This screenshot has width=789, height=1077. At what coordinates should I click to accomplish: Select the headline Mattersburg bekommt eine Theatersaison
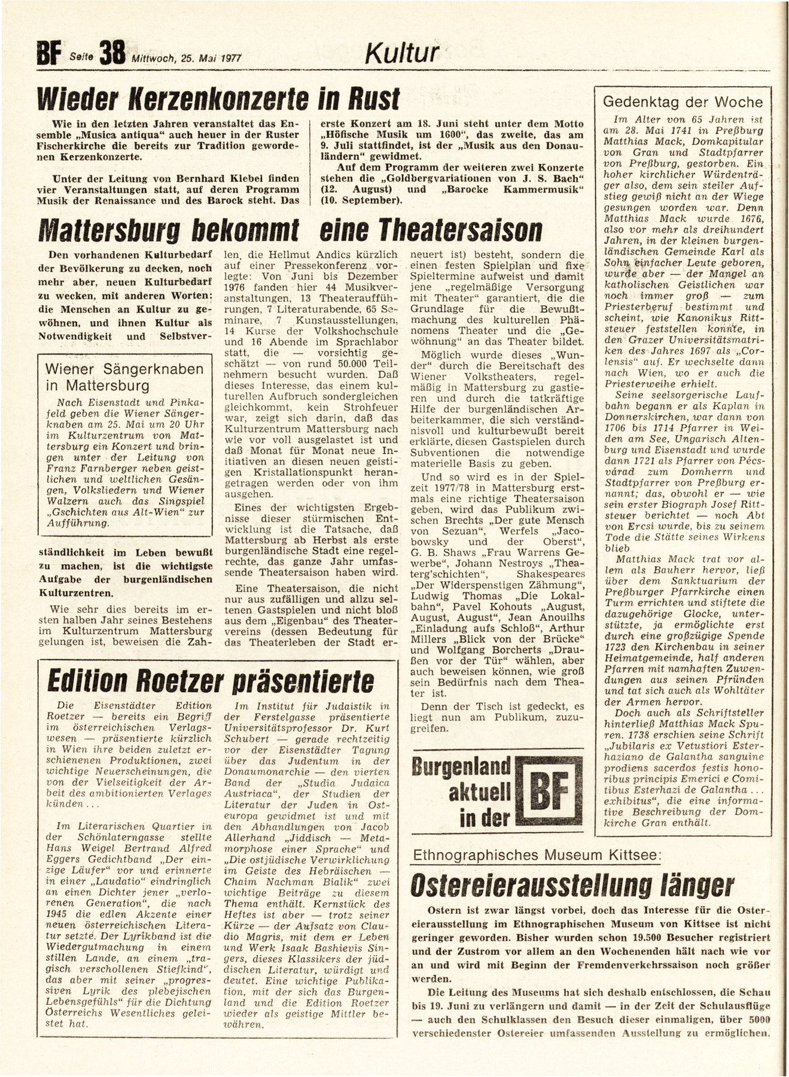click(x=290, y=230)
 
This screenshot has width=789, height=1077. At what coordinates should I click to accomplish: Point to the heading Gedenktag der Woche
click(x=683, y=102)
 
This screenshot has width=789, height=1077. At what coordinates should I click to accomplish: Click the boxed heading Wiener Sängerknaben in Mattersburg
click(x=124, y=377)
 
